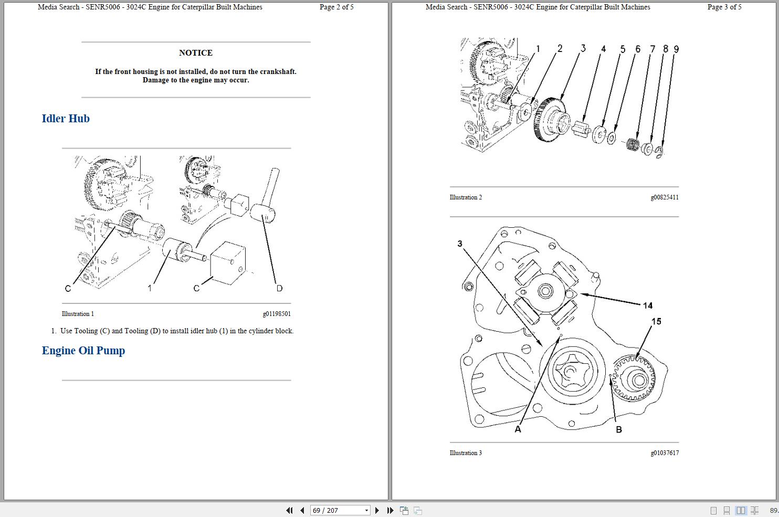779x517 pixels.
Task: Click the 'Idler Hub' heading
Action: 66,119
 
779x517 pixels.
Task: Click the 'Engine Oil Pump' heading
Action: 83,351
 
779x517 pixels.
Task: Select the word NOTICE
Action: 196,53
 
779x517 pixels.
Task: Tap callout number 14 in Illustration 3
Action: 647,305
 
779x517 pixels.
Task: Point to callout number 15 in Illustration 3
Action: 656,321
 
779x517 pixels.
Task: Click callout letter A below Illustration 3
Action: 518,429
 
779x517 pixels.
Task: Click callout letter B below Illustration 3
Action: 618,429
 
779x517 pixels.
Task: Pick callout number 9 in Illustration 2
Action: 676,49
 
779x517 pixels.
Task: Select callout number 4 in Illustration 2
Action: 603,49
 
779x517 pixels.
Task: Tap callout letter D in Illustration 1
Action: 279,288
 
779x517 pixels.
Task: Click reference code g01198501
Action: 276,314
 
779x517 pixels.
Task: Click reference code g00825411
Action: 664,197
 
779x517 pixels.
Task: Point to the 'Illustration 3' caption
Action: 466,453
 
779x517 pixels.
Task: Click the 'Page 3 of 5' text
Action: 724,7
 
